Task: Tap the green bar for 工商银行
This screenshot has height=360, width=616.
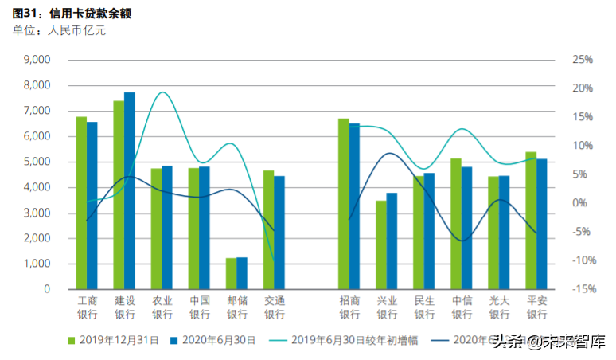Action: click(81, 203)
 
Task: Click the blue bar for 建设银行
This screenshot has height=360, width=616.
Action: click(130, 191)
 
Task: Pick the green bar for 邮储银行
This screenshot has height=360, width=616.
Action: click(231, 274)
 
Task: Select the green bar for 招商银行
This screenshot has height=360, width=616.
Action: click(343, 204)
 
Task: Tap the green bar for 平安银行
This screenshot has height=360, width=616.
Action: click(531, 221)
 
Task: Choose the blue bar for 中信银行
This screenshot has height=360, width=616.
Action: click(466, 228)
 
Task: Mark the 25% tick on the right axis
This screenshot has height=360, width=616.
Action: click(583, 60)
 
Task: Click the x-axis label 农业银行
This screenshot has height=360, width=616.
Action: click(162, 307)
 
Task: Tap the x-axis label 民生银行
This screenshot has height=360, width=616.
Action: click(424, 307)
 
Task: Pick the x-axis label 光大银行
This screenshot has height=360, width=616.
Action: click(499, 307)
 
